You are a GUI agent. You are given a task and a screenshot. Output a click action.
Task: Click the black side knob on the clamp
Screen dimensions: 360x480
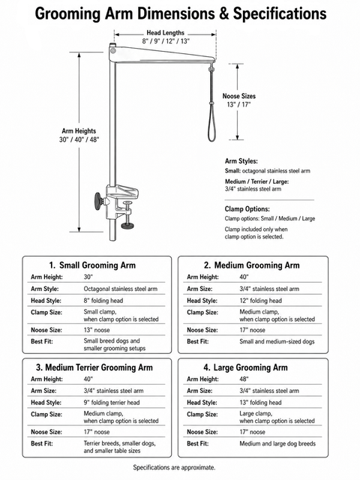point(99,202)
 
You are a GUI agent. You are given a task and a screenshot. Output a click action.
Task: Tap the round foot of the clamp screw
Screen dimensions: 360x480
point(128,226)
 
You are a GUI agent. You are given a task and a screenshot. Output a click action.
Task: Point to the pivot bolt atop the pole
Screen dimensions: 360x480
point(113,49)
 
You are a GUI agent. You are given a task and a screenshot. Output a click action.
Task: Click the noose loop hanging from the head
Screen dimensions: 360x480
point(211,122)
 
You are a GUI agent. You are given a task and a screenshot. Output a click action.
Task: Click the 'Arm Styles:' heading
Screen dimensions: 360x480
point(241,161)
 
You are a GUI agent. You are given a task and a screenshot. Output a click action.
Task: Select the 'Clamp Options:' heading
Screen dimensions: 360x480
point(247,209)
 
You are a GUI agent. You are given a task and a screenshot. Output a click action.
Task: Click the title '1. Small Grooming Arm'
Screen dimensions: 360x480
point(92,265)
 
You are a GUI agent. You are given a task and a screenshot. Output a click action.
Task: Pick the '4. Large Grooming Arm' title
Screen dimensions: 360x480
point(246,367)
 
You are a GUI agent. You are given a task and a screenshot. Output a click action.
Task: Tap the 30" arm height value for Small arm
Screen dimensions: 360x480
point(88,277)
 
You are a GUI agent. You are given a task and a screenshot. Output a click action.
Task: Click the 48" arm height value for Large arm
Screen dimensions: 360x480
point(244,379)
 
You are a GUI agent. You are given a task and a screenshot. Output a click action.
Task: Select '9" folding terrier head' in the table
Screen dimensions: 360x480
point(112,403)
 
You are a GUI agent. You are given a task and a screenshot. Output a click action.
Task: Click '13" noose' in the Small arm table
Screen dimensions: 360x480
point(97,330)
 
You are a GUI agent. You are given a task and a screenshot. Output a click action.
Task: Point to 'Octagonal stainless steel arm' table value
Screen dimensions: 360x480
point(121,289)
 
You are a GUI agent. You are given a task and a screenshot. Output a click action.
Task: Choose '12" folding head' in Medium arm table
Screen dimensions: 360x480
point(260,301)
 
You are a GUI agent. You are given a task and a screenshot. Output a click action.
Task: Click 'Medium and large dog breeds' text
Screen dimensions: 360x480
point(277,443)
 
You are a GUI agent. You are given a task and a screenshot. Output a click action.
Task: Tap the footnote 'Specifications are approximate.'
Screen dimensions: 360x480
point(174,467)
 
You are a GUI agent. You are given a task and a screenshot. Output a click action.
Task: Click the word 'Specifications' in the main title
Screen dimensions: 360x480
point(280,14)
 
